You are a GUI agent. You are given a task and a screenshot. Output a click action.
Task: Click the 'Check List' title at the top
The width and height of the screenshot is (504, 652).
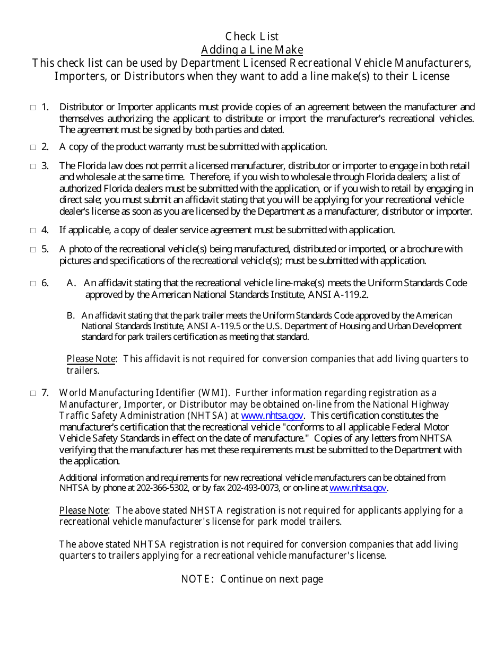tap(252, 37)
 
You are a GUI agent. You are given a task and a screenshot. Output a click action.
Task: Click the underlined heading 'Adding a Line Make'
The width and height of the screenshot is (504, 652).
tap(252, 50)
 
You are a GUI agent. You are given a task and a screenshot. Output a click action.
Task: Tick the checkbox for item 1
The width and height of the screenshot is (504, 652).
tap(33, 108)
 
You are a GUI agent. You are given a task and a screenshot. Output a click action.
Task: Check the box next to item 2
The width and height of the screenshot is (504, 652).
tap(33, 147)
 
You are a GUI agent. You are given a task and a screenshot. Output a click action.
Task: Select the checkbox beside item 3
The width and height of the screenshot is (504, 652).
tap(33, 166)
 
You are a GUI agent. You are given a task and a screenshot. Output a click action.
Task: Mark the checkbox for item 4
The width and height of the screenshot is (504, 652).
tap(33, 231)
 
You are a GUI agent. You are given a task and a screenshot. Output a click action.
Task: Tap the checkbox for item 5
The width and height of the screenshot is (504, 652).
tap(33, 249)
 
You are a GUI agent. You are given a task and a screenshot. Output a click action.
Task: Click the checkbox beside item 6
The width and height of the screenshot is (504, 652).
tap(33, 284)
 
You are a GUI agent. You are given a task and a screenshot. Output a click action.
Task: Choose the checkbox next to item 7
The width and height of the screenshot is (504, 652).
tap(33, 393)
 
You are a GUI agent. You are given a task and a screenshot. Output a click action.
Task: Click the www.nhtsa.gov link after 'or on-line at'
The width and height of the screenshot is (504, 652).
tap(358, 488)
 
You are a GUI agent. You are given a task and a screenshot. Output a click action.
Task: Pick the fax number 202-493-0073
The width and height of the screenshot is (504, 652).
tap(258, 488)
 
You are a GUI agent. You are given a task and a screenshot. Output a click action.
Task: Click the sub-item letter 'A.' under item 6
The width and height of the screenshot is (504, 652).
tap(72, 283)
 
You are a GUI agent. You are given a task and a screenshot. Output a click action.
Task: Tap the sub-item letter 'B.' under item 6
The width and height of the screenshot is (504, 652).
tap(71, 315)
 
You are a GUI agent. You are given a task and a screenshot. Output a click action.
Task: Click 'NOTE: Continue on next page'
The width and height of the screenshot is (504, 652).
tap(252, 579)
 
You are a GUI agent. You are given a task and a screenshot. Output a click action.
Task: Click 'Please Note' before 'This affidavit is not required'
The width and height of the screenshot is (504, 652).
tap(91, 359)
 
